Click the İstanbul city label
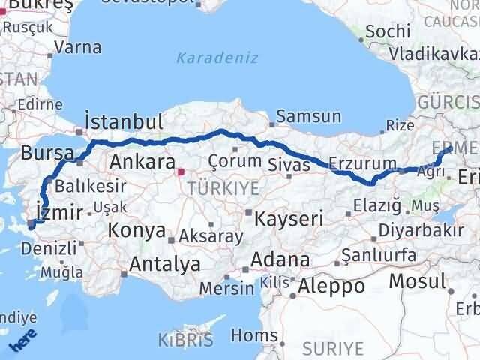point(124,122)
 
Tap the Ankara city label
point(142,161)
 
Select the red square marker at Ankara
point(180,172)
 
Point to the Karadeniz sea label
point(217,58)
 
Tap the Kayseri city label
point(289,219)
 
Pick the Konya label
point(136,229)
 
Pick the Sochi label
point(389,31)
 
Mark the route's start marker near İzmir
point(31,223)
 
